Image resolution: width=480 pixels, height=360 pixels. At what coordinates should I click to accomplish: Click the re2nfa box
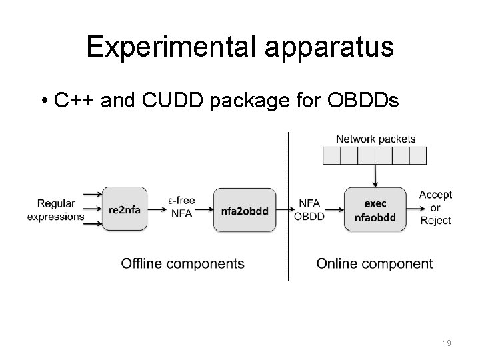coord(125,210)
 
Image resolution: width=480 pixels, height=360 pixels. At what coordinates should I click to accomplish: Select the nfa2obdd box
coord(244,210)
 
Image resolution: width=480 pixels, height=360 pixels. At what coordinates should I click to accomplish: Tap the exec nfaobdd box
coord(375,209)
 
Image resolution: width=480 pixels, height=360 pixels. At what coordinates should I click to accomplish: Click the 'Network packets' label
coord(375,139)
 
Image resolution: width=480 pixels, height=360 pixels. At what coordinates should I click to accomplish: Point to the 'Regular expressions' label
coord(56,210)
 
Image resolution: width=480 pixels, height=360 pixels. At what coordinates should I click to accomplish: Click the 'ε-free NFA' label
coord(182,207)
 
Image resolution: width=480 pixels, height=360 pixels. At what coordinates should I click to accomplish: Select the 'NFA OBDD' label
coord(309,209)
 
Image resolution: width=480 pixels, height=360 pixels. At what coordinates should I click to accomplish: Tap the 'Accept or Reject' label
coord(435,207)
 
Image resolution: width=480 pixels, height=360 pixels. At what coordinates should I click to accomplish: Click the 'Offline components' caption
coord(182,263)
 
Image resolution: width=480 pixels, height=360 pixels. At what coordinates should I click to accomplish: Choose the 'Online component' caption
coord(374,263)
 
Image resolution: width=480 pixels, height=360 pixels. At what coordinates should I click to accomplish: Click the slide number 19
coord(447,343)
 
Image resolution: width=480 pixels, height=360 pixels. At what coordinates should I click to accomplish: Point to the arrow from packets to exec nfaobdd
coord(375,177)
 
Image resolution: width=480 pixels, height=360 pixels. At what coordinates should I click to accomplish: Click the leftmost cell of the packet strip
coord(331,155)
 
